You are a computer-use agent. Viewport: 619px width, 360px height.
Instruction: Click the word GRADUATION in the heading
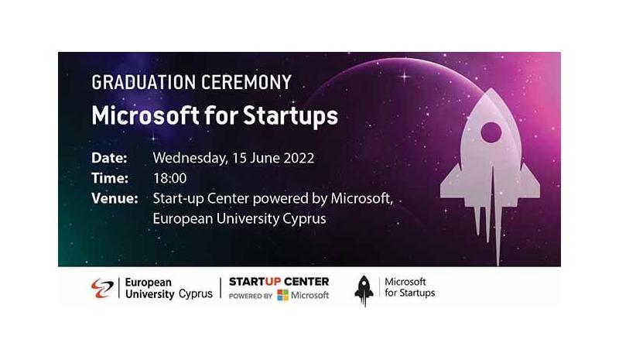pos(144,82)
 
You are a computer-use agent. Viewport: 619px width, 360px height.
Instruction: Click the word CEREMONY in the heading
pos(246,82)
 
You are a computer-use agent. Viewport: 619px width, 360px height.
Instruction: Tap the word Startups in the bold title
pos(290,116)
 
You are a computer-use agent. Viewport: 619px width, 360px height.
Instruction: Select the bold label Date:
pos(109,158)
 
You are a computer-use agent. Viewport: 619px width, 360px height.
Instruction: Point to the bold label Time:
pos(110,178)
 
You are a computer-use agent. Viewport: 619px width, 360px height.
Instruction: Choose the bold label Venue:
pos(115,198)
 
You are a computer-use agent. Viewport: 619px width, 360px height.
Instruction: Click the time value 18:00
pos(169,178)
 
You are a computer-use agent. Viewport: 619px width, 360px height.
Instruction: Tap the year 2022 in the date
pos(299,158)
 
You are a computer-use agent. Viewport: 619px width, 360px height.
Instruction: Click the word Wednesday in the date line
pos(190,159)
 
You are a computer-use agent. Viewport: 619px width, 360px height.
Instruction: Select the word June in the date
pos(265,158)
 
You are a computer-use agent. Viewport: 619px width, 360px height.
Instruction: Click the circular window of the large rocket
pos(491,132)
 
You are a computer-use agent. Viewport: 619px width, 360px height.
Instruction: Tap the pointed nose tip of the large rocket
pos(491,89)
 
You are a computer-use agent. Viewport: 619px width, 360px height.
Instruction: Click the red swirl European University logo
pos(102,288)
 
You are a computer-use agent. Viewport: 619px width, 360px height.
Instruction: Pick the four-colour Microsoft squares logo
pos(282,295)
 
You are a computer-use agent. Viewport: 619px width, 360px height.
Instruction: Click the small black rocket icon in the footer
pos(364,291)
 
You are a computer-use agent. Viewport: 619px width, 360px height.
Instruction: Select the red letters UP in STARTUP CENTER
pos(273,282)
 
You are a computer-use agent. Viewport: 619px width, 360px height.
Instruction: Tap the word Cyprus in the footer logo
pos(196,294)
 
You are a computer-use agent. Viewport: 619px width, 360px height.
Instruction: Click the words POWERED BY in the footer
pos(251,296)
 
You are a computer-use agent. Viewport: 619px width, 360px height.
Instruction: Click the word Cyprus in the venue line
pos(304,219)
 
